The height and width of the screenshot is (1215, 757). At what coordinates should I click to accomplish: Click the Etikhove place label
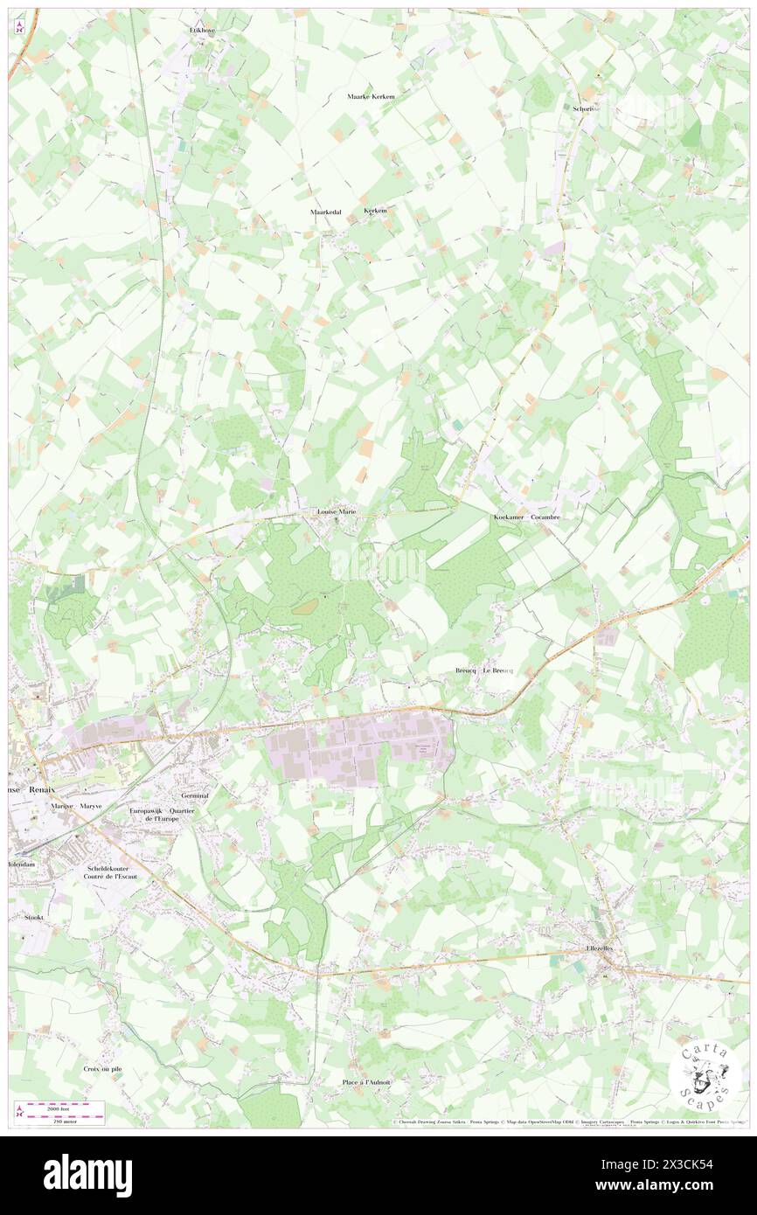pyautogui.click(x=203, y=30)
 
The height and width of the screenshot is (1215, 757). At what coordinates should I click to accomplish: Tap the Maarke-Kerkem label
pyautogui.click(x=372, y=96)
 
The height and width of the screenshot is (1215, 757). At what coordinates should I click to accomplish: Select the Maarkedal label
pyautogui.click(x=325, y=212)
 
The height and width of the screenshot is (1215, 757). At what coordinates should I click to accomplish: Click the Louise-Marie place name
pyautogui.click(x=336, y=511)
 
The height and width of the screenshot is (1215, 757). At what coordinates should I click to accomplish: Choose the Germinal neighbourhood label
pyautogui.click(x=194, y=796)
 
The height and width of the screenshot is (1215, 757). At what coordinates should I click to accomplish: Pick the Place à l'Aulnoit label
pyautogui.click(x=366, y=1082)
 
